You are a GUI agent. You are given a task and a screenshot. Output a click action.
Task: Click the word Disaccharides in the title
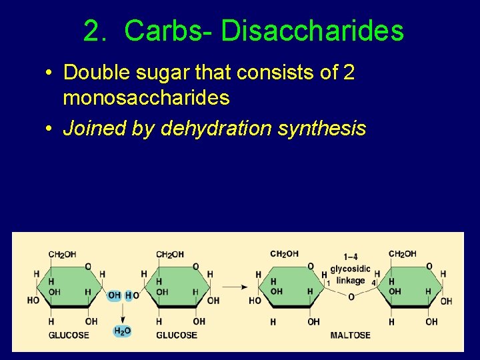click(x=312, y=31)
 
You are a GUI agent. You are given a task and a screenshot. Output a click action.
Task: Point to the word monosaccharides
click(x=146, y=98)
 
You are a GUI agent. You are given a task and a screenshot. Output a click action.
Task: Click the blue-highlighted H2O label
click(x=123, y=331)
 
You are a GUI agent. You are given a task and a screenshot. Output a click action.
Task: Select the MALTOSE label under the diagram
click(x=350, y=335)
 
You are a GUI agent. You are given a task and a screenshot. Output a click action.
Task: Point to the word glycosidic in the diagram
click(x=350, y=269)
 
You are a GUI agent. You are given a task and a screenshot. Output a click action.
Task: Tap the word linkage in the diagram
click(x=351, y=281)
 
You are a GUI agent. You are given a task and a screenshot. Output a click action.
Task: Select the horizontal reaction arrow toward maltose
click(x=235, y=287)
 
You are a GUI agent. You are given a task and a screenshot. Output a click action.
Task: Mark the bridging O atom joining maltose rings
click(x=351, y=297)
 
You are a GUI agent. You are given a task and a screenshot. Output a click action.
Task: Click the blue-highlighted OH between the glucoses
click(x=114, y=295)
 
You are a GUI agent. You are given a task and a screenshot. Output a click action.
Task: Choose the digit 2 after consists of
click(x=349, y=73)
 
